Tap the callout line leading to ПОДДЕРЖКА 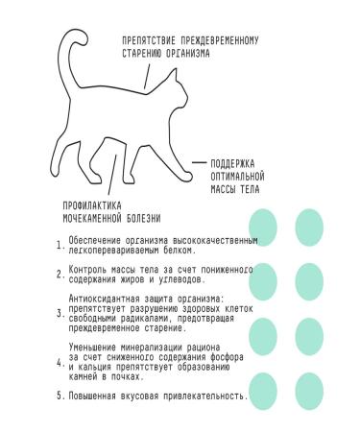point(197,163)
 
